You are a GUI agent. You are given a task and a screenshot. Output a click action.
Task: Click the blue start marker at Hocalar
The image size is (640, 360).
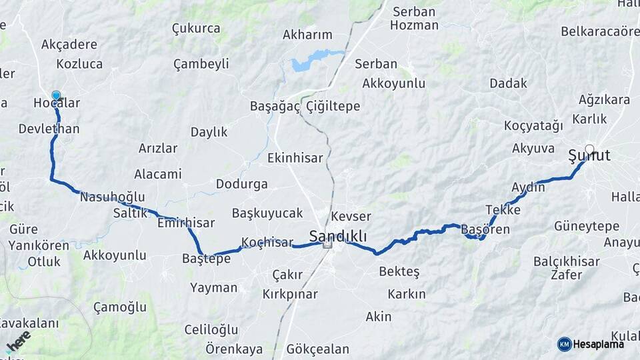56,95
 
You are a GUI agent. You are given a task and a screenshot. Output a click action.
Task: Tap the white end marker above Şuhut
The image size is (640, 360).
589,149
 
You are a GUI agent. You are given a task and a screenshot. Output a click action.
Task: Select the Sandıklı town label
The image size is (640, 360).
337,235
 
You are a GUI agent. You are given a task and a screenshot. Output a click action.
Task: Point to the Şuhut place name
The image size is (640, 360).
589,157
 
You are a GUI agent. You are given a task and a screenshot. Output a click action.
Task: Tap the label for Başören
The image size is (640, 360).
485,229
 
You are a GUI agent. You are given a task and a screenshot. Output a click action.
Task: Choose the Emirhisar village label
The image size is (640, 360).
186,223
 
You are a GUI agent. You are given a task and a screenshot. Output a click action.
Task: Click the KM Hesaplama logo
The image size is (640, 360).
591,344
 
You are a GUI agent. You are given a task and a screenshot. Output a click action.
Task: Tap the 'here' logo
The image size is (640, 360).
18,341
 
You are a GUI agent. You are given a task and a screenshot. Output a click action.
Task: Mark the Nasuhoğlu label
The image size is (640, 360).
112,197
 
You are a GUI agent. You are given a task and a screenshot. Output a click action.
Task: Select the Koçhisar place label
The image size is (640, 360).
267,243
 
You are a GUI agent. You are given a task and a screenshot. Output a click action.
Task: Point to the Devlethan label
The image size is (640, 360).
49,129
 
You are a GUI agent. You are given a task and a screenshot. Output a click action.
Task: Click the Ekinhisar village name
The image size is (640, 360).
295,158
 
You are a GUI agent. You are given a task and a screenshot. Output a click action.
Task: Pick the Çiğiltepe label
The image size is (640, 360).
333,106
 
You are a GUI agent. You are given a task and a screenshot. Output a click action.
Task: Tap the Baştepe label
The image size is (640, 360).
206,258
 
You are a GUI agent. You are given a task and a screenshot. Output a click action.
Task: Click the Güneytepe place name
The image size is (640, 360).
587,226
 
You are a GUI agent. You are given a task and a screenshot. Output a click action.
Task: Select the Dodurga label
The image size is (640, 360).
241,184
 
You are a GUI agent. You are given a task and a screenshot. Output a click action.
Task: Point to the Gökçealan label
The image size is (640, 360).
317,349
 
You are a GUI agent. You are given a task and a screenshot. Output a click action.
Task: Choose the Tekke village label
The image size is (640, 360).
503,209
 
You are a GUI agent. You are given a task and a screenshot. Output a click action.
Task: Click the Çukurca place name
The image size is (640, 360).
196,28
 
